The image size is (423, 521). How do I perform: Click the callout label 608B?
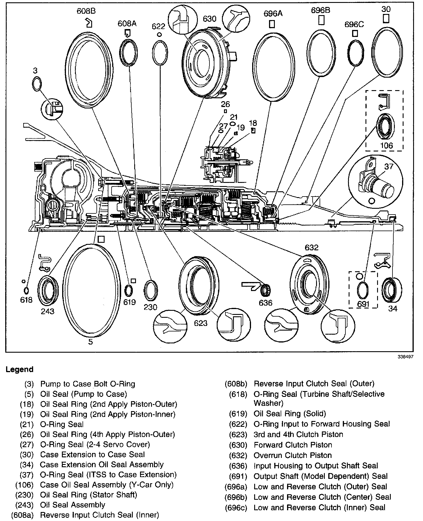pos(86,11)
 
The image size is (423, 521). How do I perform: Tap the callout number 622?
pos(158,26)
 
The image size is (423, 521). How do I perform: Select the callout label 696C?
pos(354,24)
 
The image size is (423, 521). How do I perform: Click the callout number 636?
pos(266,303)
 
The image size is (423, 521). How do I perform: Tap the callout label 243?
pos(47,311)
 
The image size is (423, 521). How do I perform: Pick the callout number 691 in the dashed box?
pos(363,304)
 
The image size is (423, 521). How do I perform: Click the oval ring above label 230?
pos(151,290)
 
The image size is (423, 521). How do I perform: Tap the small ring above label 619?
pos(129,290)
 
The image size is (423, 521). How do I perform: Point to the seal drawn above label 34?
pos(392,290)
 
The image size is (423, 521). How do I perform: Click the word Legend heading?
pos(19,370)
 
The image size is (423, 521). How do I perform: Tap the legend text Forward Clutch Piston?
pos(293,445)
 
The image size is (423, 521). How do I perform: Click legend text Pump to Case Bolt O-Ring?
pos(87,384)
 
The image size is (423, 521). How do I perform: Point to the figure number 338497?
pos(406,357)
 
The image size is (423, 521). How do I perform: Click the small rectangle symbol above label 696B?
pos(321,20)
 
